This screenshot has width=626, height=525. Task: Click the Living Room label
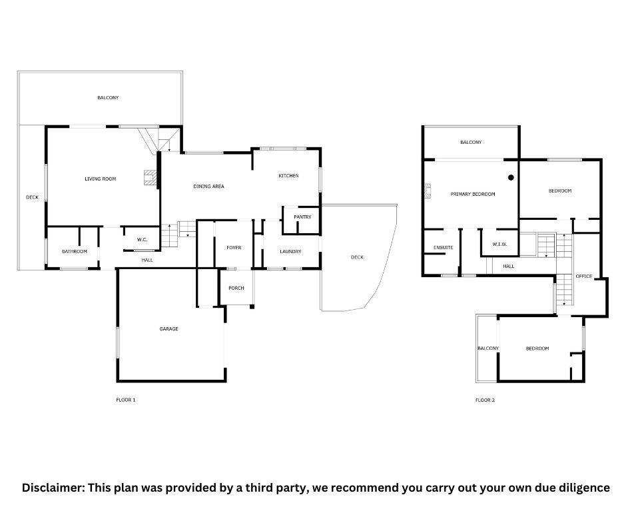coord(100,179)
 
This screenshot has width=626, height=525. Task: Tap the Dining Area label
coord(209,186)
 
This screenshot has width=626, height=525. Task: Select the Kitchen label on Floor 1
coord(288,176)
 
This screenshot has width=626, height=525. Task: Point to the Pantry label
coord(302,217)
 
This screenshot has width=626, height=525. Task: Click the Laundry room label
coord(290,251)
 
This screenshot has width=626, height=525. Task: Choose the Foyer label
coord(234,248)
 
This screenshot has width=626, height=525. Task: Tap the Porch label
coord(236,288)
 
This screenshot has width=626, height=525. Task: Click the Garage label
coord(169,329)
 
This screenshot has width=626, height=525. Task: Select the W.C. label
coord(142,240)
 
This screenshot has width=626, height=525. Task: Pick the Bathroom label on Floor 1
coord(75,251)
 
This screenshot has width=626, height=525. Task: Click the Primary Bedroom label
coord(473,194)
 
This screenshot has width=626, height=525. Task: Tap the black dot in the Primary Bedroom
coord(511,177)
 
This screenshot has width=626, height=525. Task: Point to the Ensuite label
coord(444,248)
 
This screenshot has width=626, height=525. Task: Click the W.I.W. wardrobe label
coord(500,244)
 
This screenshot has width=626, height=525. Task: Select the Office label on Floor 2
coord(584,276)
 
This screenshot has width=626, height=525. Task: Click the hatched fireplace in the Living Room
coord(151,177)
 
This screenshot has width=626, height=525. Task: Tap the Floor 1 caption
coord(126,400)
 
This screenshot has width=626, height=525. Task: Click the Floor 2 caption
coord(485,400)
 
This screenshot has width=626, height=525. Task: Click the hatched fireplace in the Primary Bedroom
coord(428,191)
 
